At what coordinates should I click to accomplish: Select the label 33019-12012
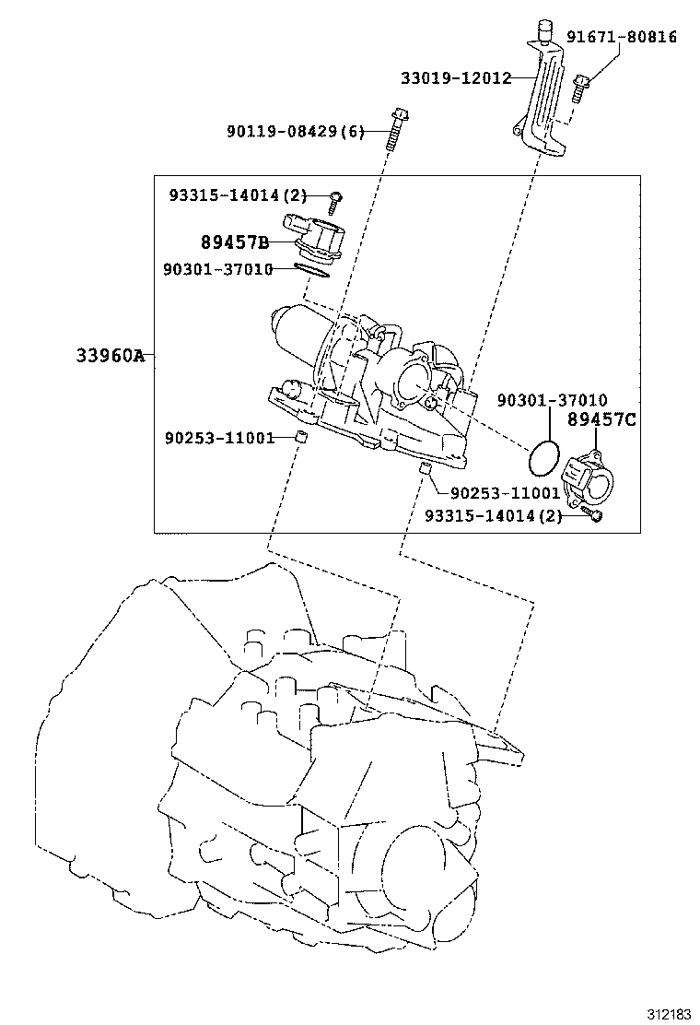pyautogui.click(x=455, y=78)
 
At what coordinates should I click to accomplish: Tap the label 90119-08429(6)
pyautogui.click(x=296, y=132)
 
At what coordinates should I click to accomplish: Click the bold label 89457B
pyautogui.click(x=235, y=242)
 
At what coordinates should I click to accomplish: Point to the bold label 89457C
pyautogui.click(x=601, y=419)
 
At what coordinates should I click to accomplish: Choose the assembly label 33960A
pyautogui.click(x=110, y=355)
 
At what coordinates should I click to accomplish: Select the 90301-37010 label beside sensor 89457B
pyautogui.click(x=217, y=269)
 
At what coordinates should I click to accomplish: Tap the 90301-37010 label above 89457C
pyautogui.click(x=552, y=399)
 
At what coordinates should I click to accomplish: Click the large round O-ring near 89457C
pyautogui.click(x=543, y=454)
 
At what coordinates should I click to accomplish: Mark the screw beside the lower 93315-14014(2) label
pyautogui.click(x=595, y=515)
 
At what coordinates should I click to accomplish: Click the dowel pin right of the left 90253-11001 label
pyautogui.click(x=299, y=437)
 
